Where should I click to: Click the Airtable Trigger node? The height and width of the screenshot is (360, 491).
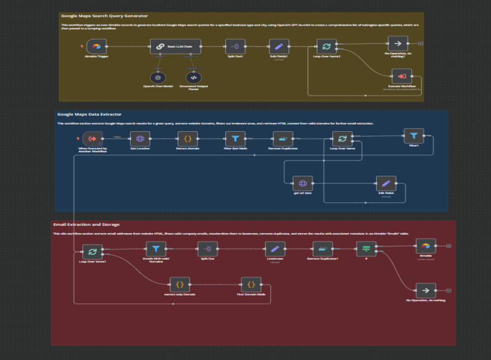tap(96, 46)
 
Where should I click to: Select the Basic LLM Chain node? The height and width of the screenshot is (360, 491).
tap(176, 46)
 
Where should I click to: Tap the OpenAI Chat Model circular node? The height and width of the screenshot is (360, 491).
tap(158, 77)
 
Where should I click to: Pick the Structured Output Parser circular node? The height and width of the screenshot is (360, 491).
tap(193, 77)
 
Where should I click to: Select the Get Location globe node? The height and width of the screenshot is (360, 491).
tap(140, 139)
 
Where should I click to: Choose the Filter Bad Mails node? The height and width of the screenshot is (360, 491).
tap(235, 139)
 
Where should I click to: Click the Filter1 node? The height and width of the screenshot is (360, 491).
tap(414, 136)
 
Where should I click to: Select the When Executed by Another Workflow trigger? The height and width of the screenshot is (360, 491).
tap(93, 139)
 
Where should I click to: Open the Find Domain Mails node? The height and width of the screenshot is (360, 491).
tap(250, 284)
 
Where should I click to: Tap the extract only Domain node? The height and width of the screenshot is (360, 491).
tap(179, 284)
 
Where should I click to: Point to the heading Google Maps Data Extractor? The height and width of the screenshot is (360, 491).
tap(90, 114)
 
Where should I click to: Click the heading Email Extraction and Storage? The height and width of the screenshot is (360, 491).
tap(86, 224)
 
